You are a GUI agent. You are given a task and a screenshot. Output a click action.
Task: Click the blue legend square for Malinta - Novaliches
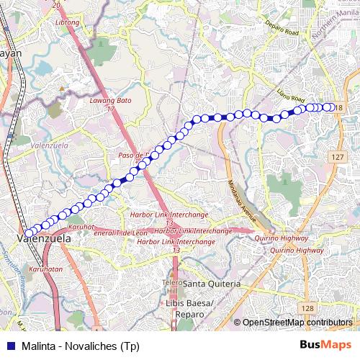click(x=9, y=346)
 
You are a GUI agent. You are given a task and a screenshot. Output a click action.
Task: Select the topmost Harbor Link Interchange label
click(x=169, y=215)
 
